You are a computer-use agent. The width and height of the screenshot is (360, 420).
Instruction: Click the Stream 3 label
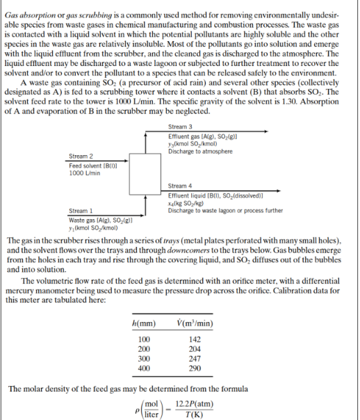pos(180,127)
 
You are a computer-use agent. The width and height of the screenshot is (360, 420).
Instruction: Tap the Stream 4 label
pos(180,186)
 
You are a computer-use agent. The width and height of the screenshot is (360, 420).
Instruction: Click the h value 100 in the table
pos(143,339)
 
